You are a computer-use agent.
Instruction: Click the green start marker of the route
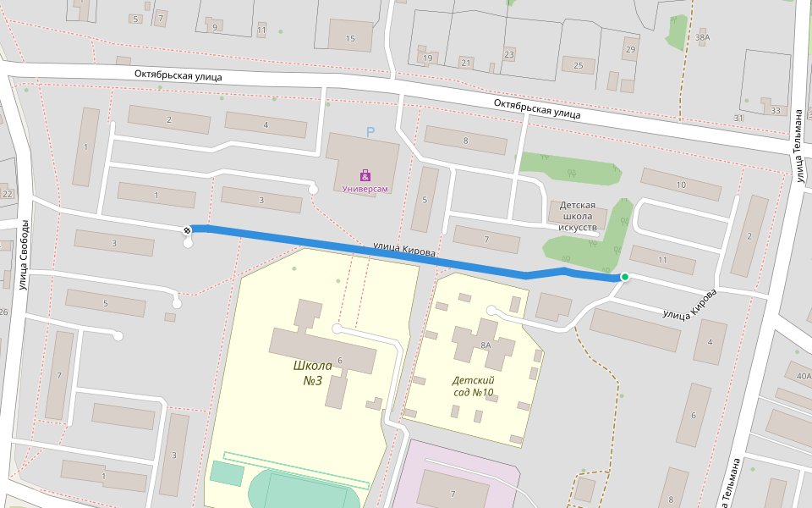pos(625,277)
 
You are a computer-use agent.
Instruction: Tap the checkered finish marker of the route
pos(187,229)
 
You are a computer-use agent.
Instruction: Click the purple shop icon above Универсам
pos(365,175)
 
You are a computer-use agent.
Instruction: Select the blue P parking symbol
pos(370,132)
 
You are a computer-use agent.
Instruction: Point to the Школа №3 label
pos(312,373)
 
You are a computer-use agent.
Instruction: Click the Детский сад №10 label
pos(473,386)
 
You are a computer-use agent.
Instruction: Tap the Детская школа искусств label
pos(579,216)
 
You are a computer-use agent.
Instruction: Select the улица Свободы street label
pos(25,254)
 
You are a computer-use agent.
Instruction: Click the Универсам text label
pos(365,189)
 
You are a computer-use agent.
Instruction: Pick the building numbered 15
pos(350,38)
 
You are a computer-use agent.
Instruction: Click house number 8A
pos(486,345)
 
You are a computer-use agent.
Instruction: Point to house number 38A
pos(702,37)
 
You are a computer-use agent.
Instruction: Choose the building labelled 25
pos(579,66)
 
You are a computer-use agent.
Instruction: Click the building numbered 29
pos(629,50)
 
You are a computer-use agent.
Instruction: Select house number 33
pos(776,110)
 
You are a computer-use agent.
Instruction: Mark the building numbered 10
pos(681,185)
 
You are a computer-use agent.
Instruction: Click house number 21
pos(465,63)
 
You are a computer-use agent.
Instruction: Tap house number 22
pos(8,194)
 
